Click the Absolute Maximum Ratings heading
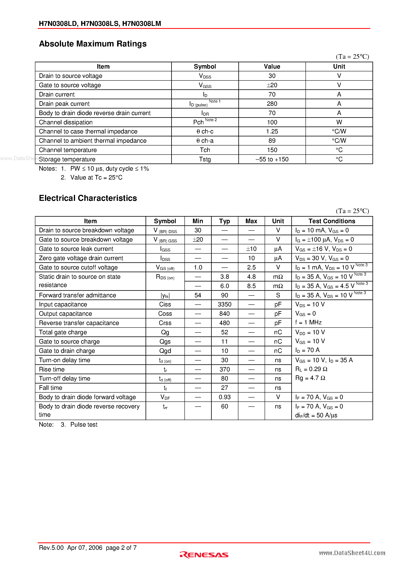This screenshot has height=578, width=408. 93,44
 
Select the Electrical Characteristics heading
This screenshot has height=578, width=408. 88,198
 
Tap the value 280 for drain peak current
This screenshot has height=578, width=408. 272,104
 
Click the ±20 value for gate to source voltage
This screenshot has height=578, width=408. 272,85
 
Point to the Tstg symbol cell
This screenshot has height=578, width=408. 205,159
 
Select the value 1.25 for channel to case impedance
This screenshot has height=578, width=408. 272,131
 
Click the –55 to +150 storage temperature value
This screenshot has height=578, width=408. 272,159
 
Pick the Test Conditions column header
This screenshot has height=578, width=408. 332,221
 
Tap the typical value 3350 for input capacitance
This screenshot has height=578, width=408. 224,304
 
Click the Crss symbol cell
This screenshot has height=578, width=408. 165,323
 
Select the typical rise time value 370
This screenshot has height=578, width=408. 224,369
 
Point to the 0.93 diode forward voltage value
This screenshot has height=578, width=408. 224,397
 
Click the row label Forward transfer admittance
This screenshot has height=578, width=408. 77,295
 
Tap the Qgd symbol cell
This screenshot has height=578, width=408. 165,351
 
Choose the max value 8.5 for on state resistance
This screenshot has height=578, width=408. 251,286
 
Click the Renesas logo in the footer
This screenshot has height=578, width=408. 204,555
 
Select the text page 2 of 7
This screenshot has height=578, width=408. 121,548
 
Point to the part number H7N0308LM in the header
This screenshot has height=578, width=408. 141,24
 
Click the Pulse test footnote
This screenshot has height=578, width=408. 84,424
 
